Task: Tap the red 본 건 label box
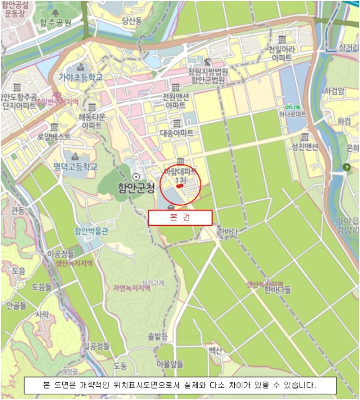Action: (180, 218)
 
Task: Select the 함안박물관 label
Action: (91, 231)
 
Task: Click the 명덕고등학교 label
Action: (75, 166)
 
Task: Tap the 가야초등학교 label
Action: (80, 77)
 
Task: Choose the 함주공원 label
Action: (55, 23)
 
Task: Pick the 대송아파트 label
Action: (176, 133)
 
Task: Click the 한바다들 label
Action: (278, 290)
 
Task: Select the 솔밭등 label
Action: (158, 336)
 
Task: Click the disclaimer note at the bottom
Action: (179, 384)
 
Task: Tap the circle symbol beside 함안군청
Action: (136, 176)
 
